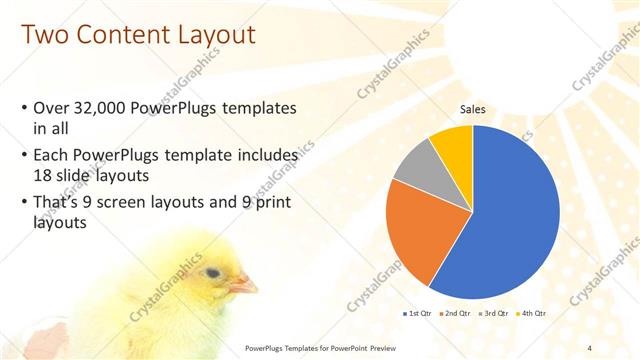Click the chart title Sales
coord(473,109)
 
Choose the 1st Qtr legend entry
coord(419,313)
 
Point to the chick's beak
coord(243,286)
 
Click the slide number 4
coord(590,347)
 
